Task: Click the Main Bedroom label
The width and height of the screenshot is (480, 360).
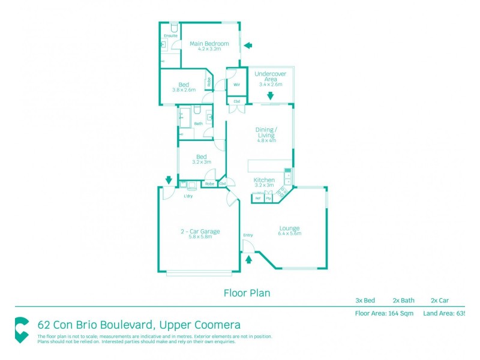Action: (209, 43)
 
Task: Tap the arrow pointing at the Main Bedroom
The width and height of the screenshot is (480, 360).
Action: (248, 45)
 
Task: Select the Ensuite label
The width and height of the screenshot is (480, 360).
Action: (170, 36)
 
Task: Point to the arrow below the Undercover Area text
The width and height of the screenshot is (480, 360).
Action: (270, 95)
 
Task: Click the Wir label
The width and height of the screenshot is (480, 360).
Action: (236, 85)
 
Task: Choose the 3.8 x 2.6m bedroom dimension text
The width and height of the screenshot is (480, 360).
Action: (184, 90)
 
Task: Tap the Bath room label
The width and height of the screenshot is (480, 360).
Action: (198, 124)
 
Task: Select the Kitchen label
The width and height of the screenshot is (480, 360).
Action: (264, 180)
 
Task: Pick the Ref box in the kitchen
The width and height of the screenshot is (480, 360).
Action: (258, 197)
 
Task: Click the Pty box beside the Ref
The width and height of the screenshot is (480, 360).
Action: (269, 197)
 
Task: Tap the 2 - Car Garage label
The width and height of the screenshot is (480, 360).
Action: (201, 231)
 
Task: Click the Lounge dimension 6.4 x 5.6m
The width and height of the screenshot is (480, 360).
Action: (289, 233)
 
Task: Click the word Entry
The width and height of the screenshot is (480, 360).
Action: (248, 235)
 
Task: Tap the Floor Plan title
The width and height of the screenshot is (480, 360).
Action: (247, 293)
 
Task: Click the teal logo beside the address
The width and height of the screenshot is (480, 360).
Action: (22, 330)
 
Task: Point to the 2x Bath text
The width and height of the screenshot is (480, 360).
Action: (404, 301)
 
